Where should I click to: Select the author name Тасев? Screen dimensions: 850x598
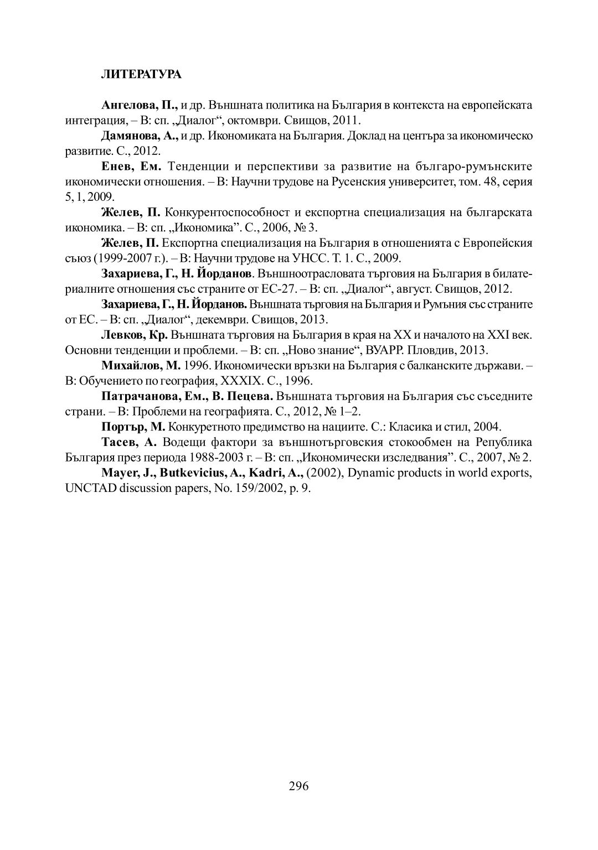[x=118, y=442]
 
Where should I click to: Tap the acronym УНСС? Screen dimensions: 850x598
[x=338, y=258]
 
